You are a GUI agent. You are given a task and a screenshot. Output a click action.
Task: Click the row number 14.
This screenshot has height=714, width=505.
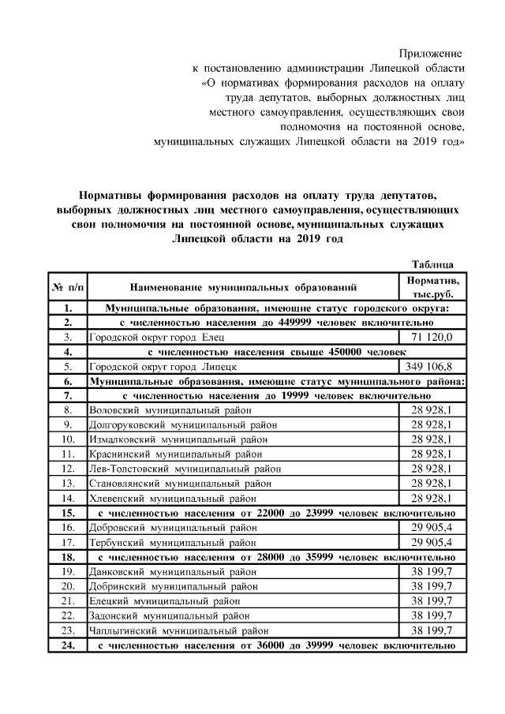pos(68,498)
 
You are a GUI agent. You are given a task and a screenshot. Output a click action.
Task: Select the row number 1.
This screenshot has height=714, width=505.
pos(68,308)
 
